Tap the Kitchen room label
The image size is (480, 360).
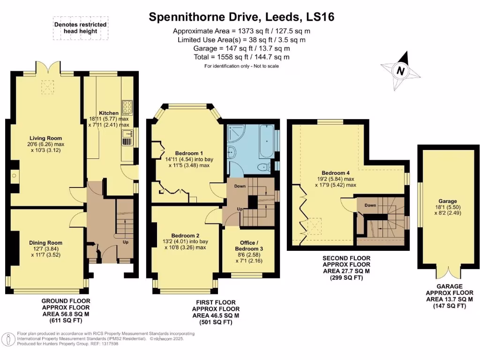108,113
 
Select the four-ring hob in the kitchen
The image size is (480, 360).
127,108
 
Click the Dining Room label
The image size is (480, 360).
45,243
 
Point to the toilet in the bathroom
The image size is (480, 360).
264,166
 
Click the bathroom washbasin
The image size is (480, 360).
232,151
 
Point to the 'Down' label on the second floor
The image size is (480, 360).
370,205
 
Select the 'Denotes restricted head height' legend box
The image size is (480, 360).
81,28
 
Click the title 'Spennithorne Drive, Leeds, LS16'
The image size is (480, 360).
241,17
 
